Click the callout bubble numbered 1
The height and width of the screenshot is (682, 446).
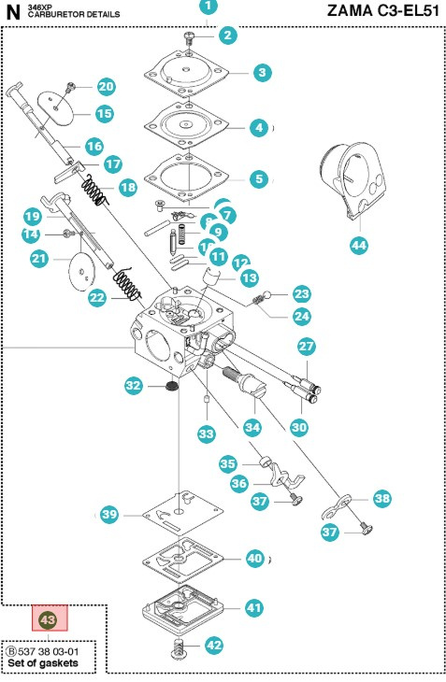click(x=207, y=7)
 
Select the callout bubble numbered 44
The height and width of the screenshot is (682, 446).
click(x=359, y=247)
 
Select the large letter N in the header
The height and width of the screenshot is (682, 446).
click(x=12, y=12)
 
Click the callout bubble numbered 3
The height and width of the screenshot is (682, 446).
click(x=263, y=72)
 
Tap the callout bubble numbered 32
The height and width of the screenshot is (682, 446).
click(x=134, y=385)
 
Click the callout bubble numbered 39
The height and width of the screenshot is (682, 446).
click(x=110, y=515)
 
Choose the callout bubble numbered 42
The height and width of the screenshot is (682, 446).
click(x=214, y=645)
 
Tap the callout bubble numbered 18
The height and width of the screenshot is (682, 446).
click(x=128, y=187)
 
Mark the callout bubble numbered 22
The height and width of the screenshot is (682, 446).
click(x=98, y=298)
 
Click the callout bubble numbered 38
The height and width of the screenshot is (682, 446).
click(x=381, y=499)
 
